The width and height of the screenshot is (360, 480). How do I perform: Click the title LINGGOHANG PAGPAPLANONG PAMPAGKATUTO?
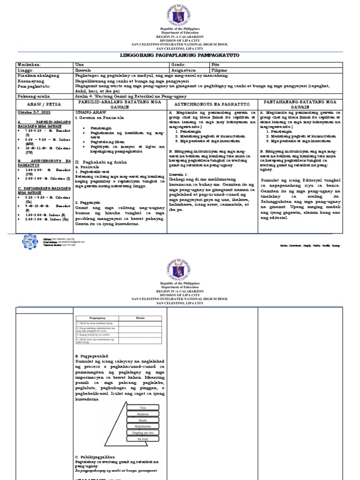[180, 55]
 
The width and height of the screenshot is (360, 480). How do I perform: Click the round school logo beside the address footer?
[30, 241]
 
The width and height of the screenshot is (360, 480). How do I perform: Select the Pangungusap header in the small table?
[97, 317]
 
